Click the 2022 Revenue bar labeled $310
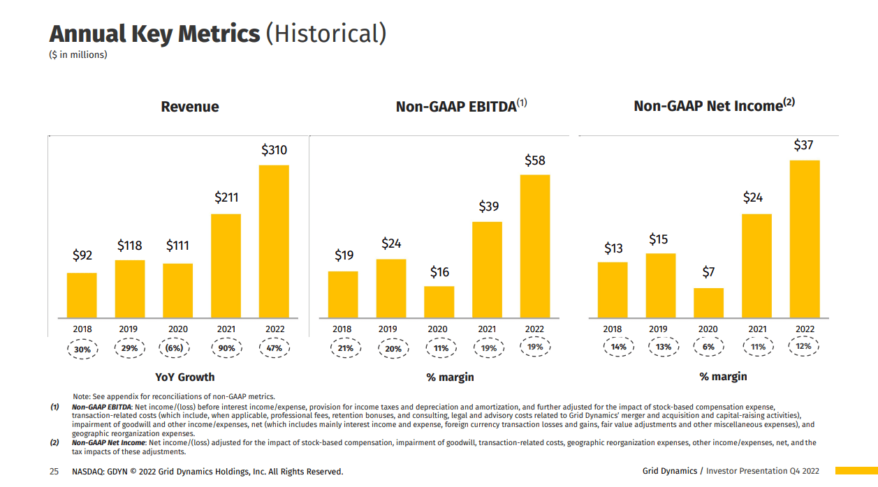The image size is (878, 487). (274, 241)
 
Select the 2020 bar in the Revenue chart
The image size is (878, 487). (177, 290)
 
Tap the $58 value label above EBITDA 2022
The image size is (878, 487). (535, 160)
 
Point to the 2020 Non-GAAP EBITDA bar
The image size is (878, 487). (439, 301)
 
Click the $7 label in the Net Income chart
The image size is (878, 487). (708, 271)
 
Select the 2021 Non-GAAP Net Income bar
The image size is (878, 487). (756, 266)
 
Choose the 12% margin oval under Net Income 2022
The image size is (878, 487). (804, 346)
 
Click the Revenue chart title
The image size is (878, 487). (190, 107)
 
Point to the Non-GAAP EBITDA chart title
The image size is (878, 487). (455, 107)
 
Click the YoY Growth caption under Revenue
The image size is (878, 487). (184, 377)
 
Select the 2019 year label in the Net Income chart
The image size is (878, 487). (658, 329)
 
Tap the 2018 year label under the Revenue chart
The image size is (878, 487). (82, 329)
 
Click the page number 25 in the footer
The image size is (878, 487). (54, 472)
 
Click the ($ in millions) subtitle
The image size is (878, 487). (78, 54)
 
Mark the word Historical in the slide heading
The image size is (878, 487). (326, 33)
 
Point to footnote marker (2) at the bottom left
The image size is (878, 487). (54, 442)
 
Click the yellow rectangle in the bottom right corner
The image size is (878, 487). (856, 471)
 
